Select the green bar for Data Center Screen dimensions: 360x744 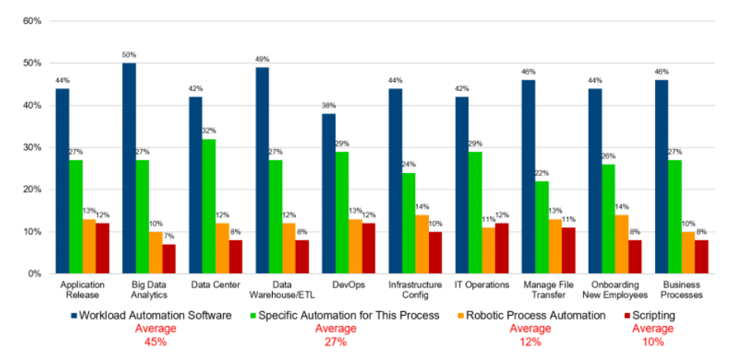(x=209, y=206)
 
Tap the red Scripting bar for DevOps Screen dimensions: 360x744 (x=368, y=248)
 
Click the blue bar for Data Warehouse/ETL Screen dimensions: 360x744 (x=262, y=171)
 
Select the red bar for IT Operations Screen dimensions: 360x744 (x=501, y=248)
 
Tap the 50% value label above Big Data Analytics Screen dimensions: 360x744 (x=129, y=55)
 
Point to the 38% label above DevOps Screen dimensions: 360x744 (x=328, y=106)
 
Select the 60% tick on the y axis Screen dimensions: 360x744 (x=32, y=21)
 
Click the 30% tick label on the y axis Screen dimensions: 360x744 (x=32, y=148)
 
